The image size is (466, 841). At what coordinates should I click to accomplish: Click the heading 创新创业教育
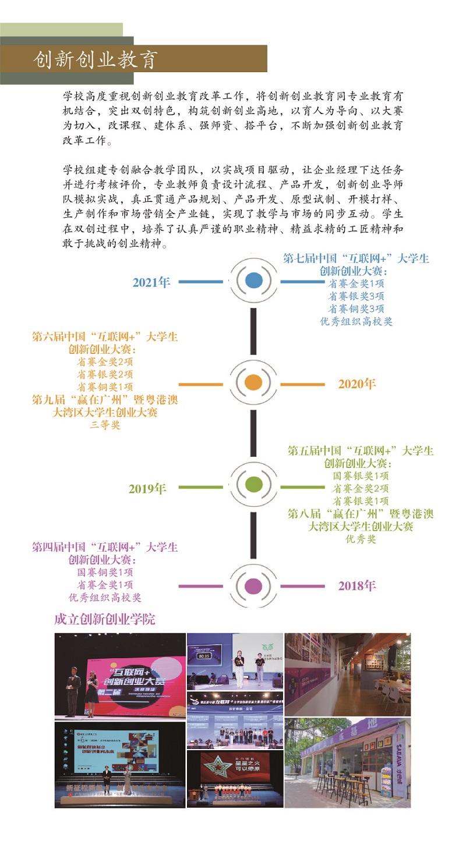(x=96, y=59)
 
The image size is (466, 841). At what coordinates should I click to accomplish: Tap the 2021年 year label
(x=151, y=282)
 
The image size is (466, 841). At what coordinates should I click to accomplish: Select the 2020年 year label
(x=357, y=384)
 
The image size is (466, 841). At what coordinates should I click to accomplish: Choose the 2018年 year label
(x=357, y=585)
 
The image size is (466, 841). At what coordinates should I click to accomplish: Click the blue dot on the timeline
(x=253, y=281)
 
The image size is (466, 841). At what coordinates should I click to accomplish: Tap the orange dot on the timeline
(x=253, y=383)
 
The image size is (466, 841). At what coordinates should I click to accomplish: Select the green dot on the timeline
(x=253, y=484)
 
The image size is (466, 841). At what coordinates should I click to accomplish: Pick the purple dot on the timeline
(x=253, y=586)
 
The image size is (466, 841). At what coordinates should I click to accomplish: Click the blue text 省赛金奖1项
(x=356, y=283)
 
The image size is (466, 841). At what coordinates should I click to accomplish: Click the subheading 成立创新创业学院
(x=105, y=619)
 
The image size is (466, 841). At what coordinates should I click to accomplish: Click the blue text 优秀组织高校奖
(x=356, y=321)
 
